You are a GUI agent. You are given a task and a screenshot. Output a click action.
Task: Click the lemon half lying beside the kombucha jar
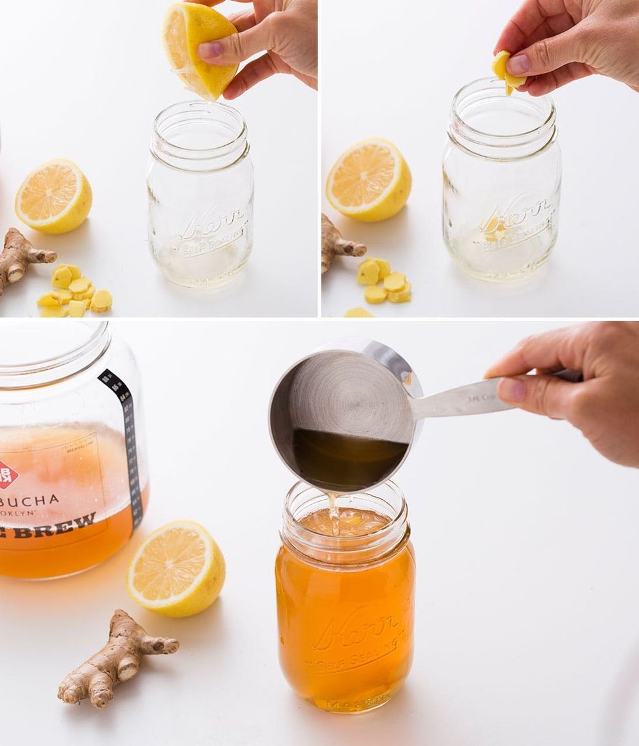click(x=176, y=568)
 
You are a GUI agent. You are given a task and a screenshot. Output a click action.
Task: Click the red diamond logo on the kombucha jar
click(x=7, y=474)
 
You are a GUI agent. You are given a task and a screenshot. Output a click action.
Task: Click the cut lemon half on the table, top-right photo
click(x=368, y=180)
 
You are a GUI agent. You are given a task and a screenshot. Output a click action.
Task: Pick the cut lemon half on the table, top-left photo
click(x=53, y=196)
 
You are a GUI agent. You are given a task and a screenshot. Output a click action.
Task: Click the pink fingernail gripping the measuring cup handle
click(x=512, y=389)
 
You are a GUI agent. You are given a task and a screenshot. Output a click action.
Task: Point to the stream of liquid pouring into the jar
click(x=333, y=511)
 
